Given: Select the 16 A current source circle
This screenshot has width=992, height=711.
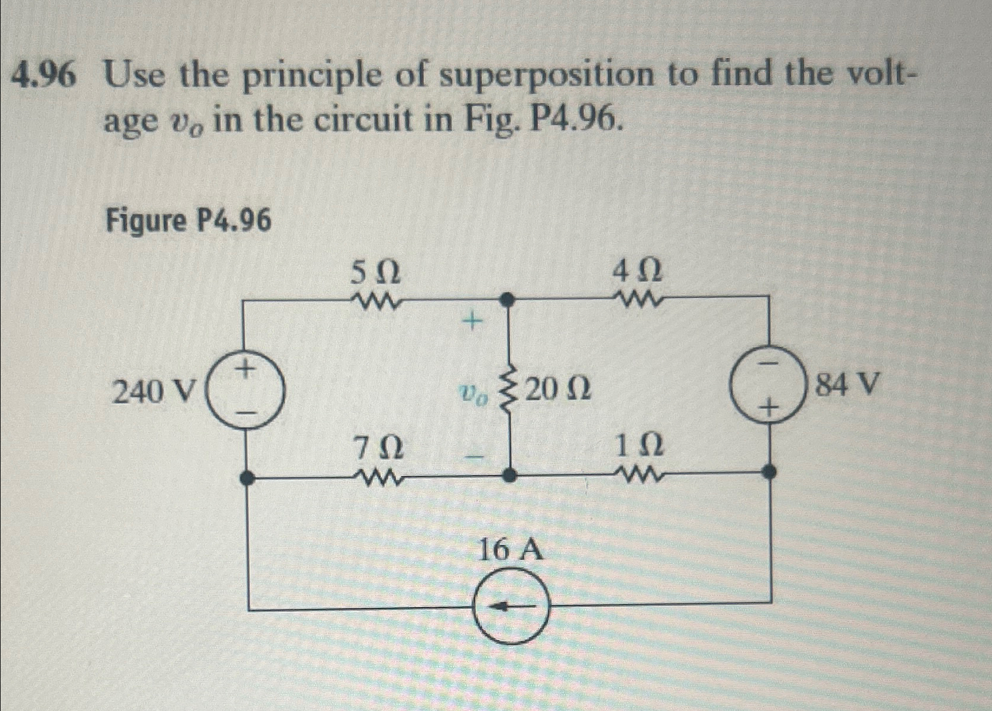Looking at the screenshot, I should click(x=512, y=606).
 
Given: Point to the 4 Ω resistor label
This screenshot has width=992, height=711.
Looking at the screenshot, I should click(x=637, y=272).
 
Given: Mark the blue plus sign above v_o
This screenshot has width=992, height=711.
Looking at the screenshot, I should click(x=471, y=322).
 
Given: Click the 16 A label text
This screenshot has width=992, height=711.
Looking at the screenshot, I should click(x=510, y=551).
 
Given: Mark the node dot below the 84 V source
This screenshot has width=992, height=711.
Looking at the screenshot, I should click(x=769, y=471).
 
